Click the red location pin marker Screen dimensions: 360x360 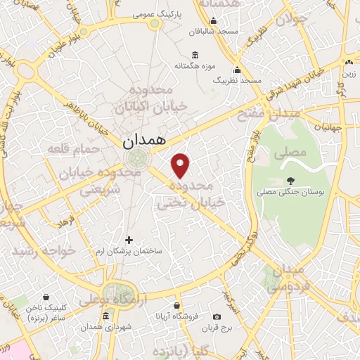(181, 165)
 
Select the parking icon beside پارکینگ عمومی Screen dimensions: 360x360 (155, 22)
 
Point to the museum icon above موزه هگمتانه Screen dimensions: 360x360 (195, 55)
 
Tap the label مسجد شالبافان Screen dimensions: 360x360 (214, 32)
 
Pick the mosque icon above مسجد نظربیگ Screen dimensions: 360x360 (237, 70)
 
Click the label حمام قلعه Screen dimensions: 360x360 (67, 149)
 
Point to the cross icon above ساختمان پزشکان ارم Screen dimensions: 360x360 (129, 240)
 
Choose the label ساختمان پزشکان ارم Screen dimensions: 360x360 (129, 250)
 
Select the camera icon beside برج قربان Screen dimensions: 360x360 (216, 317)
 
